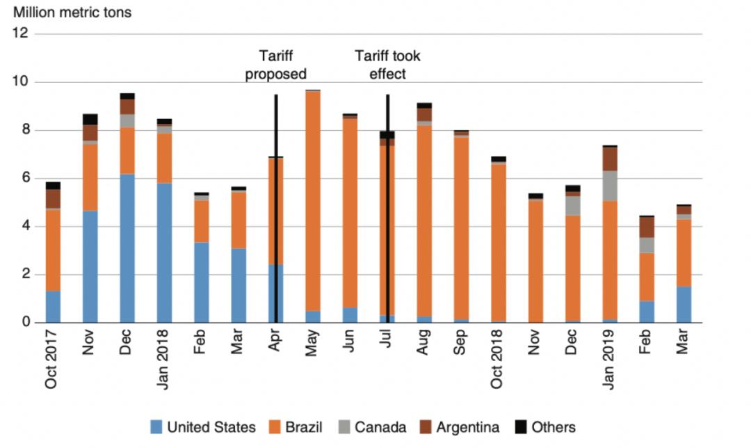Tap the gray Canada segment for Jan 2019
coord(610,186)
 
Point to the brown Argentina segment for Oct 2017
coord(53,198)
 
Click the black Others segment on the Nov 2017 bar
coord(90,119)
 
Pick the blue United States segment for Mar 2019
coord(684,305)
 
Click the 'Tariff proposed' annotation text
coord(276,65)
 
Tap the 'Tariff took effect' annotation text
coord(387,65)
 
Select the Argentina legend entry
coord(459,427)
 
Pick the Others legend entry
coord(544,427)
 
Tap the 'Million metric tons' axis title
coord(72,12)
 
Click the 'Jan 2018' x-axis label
coord(164,359)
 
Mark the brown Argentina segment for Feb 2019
coord(647,227)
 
